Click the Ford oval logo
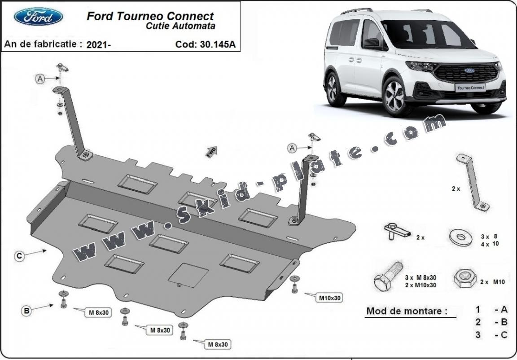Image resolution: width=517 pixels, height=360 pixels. (x=38, y=17)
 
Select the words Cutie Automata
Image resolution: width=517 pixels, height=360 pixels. (x=180, y=26)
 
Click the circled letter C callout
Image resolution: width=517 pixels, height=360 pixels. (x=19, y=256)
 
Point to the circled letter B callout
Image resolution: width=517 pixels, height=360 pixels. (x=27, y=310)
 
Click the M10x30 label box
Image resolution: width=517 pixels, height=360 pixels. (x=330, y=298)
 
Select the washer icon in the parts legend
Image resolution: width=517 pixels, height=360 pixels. (x=459, y=237)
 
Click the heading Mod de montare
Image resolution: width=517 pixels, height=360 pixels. (x=407, y=311)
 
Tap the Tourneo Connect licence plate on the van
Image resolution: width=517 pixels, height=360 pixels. (x=470, y=88)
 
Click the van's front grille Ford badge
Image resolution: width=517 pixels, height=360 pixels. (x=469, y=71)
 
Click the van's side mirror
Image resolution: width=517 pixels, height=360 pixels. (x=372, y=43)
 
